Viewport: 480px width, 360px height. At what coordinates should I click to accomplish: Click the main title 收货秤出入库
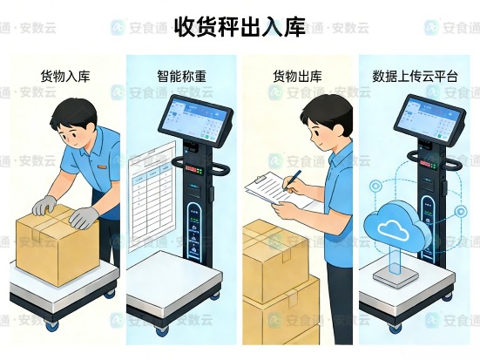click(x=240, y=25)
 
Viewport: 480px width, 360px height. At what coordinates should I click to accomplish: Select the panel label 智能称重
click(x=181, y=77)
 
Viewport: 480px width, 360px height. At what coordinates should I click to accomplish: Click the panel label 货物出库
click(x=298, y=77)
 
